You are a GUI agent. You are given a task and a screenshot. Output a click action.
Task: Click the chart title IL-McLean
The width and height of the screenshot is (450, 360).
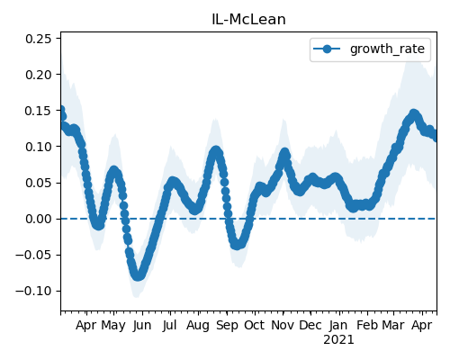coord(248,20)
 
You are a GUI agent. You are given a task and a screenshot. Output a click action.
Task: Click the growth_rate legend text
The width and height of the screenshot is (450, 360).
coord(387,49)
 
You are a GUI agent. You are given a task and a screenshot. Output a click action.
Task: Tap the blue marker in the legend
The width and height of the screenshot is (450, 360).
coord(327,49)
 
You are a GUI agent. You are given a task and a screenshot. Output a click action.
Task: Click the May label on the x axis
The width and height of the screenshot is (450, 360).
coord(113,326)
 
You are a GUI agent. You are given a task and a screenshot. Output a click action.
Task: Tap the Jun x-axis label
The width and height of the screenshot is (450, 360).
coord(142,325)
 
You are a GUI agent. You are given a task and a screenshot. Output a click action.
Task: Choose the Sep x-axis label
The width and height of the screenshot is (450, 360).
coord(227,326)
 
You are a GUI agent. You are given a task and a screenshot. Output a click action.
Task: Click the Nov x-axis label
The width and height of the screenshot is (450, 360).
coord(283,325)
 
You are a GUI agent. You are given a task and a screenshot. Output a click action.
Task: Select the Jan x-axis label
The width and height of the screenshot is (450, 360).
coord(338,325)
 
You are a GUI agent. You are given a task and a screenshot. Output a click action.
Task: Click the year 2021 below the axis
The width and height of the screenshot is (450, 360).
coord(338,340)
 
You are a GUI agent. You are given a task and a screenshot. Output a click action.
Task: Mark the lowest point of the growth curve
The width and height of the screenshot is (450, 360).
coord(138,276)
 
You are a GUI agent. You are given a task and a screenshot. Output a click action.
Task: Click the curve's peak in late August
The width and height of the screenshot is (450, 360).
coord(216,151)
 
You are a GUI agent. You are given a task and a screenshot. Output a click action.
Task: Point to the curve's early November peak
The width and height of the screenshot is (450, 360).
coord(284,153)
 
